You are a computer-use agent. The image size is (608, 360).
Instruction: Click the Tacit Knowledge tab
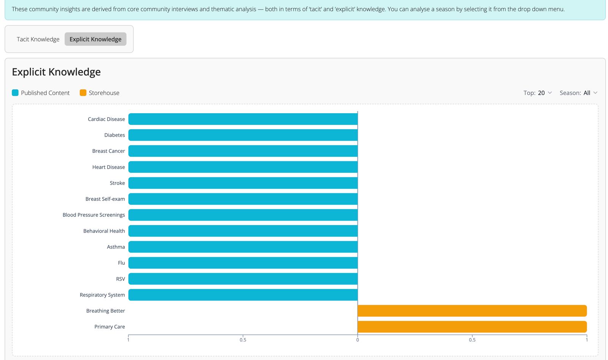[38, 39]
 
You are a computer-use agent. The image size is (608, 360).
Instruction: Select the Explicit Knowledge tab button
[95, 39]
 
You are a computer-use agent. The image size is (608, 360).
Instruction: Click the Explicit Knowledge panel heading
[56, 72]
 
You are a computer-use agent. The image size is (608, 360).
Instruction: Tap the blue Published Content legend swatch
[15, 93]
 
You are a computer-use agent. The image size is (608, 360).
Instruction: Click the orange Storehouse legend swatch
[83, 93]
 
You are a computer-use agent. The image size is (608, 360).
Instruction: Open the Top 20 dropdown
[537, 93]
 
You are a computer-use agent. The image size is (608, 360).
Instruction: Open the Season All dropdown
[578, 93]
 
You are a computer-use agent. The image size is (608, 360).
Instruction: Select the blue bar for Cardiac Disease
[243, 119]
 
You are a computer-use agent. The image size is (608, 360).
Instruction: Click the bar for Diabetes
[243, 135]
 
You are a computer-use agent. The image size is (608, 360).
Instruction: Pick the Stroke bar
[243, 183]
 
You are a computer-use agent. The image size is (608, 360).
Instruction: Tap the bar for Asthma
[243, 247]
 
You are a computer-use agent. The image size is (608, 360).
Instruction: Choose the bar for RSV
[243, 279]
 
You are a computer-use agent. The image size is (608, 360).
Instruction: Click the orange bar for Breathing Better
[472, 311]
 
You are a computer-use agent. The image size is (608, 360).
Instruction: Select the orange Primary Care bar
[472, 327]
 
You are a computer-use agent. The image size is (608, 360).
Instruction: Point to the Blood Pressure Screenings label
[93, 215]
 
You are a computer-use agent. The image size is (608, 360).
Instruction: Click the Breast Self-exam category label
[105, 199]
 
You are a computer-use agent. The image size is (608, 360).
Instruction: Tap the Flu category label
[121, 263]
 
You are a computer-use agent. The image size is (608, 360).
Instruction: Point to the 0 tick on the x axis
[358, 339]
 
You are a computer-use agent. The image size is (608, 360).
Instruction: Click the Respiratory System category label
[102, 295]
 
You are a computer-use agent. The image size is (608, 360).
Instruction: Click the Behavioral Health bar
[243, 231]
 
